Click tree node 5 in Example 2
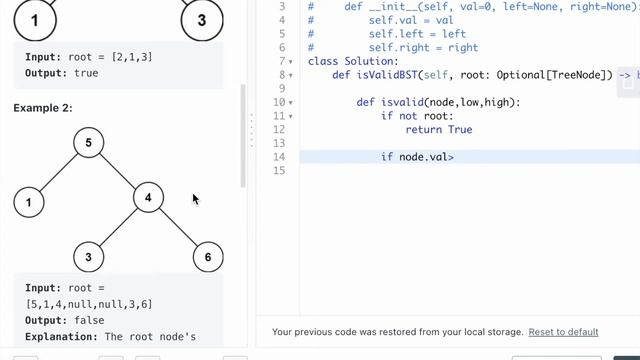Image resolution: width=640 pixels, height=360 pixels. (88, 143)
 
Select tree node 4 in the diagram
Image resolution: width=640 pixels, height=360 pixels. (148, 197)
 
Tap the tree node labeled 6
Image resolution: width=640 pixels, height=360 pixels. (207, 257)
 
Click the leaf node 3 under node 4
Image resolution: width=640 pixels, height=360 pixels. (88, 257)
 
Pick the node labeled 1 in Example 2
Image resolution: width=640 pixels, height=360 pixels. (29, 203)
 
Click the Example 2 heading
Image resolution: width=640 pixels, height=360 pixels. (43, 107)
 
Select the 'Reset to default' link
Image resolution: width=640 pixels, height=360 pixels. (563, 332)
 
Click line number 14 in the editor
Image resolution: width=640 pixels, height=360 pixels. (279, 157)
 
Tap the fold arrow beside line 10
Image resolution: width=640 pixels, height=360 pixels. (291, 103)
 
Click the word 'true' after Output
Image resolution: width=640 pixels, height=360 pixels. (86, 73)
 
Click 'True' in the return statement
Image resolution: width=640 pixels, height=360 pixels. (460, 130)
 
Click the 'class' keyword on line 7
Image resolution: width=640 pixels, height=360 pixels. (324, 61)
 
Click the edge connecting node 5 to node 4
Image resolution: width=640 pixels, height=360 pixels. (118, 170)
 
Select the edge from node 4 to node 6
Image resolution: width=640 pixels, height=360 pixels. (178, 227)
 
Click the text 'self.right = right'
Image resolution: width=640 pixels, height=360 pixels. (411, 47)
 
